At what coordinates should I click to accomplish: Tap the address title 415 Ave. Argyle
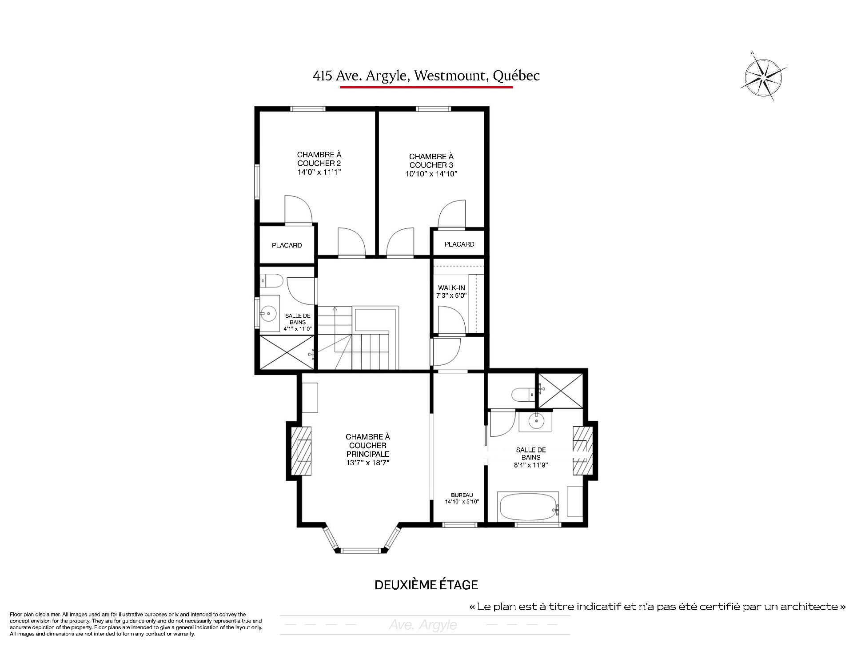(x=360, y=76)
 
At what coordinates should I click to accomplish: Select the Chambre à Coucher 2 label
(x=319, y=159)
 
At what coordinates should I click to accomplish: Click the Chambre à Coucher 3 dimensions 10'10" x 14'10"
(x=431, y=174)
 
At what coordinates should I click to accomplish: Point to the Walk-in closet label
(x=451, y=288)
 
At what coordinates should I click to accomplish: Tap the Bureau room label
(x=462, y=495)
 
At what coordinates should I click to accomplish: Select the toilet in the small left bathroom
(x=271, y=281)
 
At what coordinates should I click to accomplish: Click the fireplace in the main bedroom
(x=301, y=451)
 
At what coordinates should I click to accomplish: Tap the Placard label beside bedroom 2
(x=287, y=245)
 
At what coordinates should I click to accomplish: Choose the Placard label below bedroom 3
(x=459, y=244)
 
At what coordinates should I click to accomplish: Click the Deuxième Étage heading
(x=426, y=585)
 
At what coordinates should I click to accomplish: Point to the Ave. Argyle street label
(x=423, y=625)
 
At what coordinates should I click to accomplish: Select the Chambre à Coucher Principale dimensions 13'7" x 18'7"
(x=367, y=463)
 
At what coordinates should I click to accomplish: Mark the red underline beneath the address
(x=426, y=87)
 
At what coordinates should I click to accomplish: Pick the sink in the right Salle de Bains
(x=536, y=420)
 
